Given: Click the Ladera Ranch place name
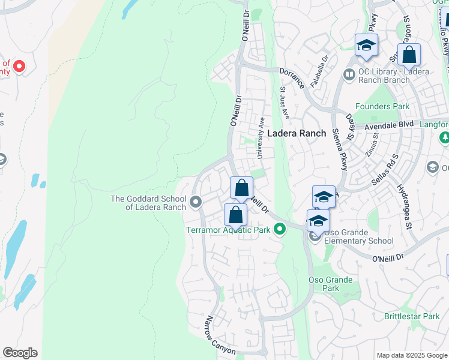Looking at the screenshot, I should point(297,133).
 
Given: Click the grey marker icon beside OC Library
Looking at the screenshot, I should point(349,74).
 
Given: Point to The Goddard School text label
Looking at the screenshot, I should point(148,203).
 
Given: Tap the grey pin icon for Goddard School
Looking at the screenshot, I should point(196,203).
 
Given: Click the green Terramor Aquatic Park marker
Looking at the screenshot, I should point(279,229).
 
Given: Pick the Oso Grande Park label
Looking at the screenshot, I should point(324,284).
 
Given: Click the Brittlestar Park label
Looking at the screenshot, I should point(412,316).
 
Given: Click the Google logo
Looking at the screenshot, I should point(20,353).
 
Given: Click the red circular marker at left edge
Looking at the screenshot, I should point(19,66).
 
